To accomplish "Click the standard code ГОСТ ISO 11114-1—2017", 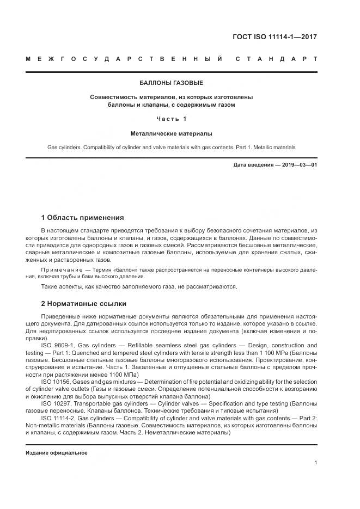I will point(275,37).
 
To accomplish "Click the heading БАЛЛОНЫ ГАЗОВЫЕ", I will point(172,83).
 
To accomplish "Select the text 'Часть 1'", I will point(172,119).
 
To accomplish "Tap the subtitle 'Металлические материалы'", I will point(172,133).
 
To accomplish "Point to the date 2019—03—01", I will point(298,164).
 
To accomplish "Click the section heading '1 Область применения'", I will point(83,217).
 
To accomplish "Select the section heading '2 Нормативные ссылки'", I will point(84,303).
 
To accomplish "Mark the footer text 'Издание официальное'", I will point(57,453).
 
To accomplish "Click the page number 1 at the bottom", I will point(316,463).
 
